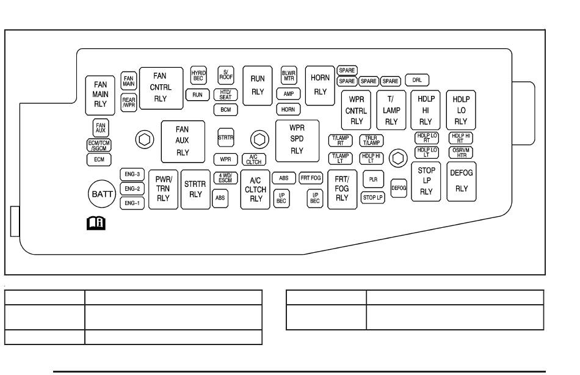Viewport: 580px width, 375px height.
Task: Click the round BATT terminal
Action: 102,194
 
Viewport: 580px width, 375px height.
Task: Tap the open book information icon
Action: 96,223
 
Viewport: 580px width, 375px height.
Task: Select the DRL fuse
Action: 417,80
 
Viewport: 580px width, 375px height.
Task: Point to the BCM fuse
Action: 226,109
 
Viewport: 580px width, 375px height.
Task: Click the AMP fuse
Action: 289,93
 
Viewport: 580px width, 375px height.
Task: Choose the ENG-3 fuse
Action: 132,174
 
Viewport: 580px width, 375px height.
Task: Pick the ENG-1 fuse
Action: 132,203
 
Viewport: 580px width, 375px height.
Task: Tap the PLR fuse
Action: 373,179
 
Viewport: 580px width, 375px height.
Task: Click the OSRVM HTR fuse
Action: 461,153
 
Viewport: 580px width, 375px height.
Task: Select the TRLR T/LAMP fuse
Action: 371,140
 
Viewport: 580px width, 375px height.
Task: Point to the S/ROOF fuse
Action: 226,76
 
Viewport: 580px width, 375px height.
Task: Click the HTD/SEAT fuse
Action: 226,95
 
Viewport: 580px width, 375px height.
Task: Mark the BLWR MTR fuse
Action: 289,76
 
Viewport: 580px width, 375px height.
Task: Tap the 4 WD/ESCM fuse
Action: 225,178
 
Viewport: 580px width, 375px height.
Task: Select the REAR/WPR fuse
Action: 129,103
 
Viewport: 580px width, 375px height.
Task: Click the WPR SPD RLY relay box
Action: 297,141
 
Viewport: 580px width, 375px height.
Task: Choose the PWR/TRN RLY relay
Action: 163,189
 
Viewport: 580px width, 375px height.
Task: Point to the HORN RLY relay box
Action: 320,86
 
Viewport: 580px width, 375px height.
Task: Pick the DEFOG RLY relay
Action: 462,181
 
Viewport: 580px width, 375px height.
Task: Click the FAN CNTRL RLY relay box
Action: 161,88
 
